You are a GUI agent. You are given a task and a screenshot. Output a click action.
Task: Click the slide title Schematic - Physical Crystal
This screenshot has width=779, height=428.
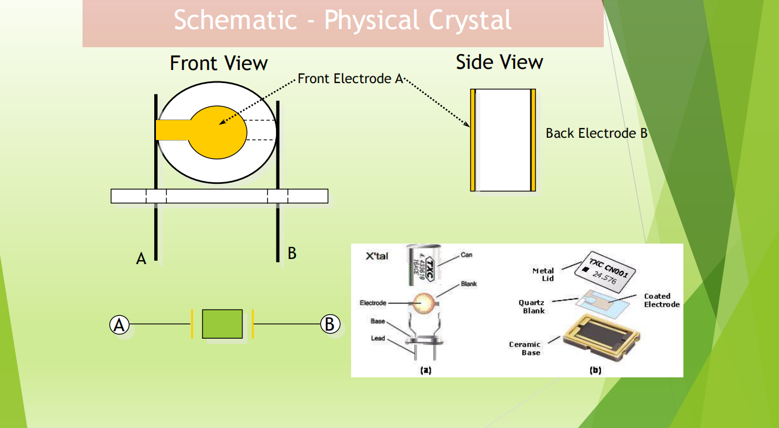coord(343,21)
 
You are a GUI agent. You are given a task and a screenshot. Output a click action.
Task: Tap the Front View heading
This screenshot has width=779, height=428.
coord(219,63)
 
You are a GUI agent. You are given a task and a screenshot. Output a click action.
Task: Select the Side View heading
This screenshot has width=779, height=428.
coord(499,62)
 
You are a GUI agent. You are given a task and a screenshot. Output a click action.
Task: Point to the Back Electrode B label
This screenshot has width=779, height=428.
coord(596,133)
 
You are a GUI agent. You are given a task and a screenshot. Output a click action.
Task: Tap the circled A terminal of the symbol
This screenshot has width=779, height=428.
coord(119,324)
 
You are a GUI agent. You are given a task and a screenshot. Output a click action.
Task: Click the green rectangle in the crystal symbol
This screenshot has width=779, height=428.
coord(222,324)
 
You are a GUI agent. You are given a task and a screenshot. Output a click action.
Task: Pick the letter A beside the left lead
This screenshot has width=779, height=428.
coord(141,259)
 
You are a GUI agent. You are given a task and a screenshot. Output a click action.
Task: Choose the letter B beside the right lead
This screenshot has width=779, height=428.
coord(292,253)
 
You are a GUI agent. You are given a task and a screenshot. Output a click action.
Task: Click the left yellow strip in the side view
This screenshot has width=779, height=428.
coord(473,140)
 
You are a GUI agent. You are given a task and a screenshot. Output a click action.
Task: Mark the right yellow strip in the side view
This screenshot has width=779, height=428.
coord(533,140)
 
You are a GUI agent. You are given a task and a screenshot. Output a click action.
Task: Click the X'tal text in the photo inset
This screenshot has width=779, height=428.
coord(377,256)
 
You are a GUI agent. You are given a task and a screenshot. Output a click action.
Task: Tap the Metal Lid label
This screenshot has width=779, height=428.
coord(543,274)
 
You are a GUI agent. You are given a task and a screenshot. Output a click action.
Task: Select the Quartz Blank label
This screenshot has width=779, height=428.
coord(531,307)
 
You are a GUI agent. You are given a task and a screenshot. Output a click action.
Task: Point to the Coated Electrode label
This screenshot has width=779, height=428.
coord(661,300)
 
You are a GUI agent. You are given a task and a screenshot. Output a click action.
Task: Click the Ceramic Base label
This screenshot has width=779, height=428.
coord(525,348)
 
